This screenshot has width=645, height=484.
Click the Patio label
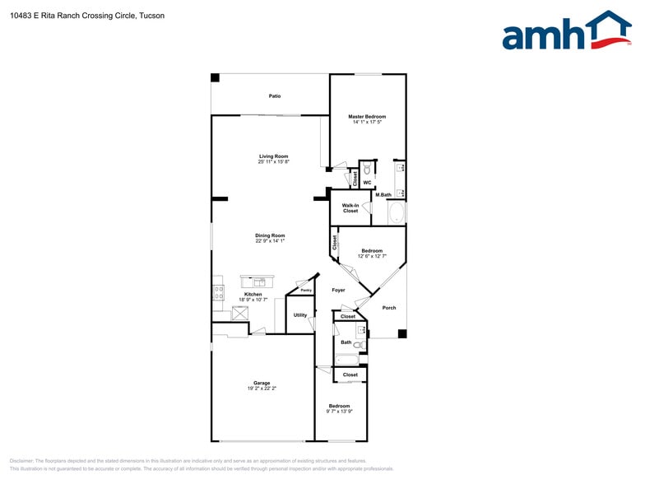tap(275, 96)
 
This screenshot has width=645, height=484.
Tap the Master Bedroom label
tap(367, 117)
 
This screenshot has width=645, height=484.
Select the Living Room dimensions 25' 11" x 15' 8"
tap(273, 162)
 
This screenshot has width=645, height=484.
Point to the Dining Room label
tap(269, 235)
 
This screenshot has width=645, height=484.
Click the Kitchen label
tap(253, 294)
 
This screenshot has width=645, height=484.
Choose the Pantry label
tap(305, 291)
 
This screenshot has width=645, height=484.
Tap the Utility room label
tap(300, 314)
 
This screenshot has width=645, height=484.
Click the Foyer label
tap(338, 291)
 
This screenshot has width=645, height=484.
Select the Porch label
tap(389, 308)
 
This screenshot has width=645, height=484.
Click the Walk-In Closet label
tap(350, 208)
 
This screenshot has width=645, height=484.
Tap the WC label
tap(367, 183)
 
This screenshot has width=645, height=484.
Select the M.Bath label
tap(383, 195)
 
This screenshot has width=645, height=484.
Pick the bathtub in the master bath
tap(397, 213)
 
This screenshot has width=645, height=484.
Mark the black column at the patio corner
tap(216, 77)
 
